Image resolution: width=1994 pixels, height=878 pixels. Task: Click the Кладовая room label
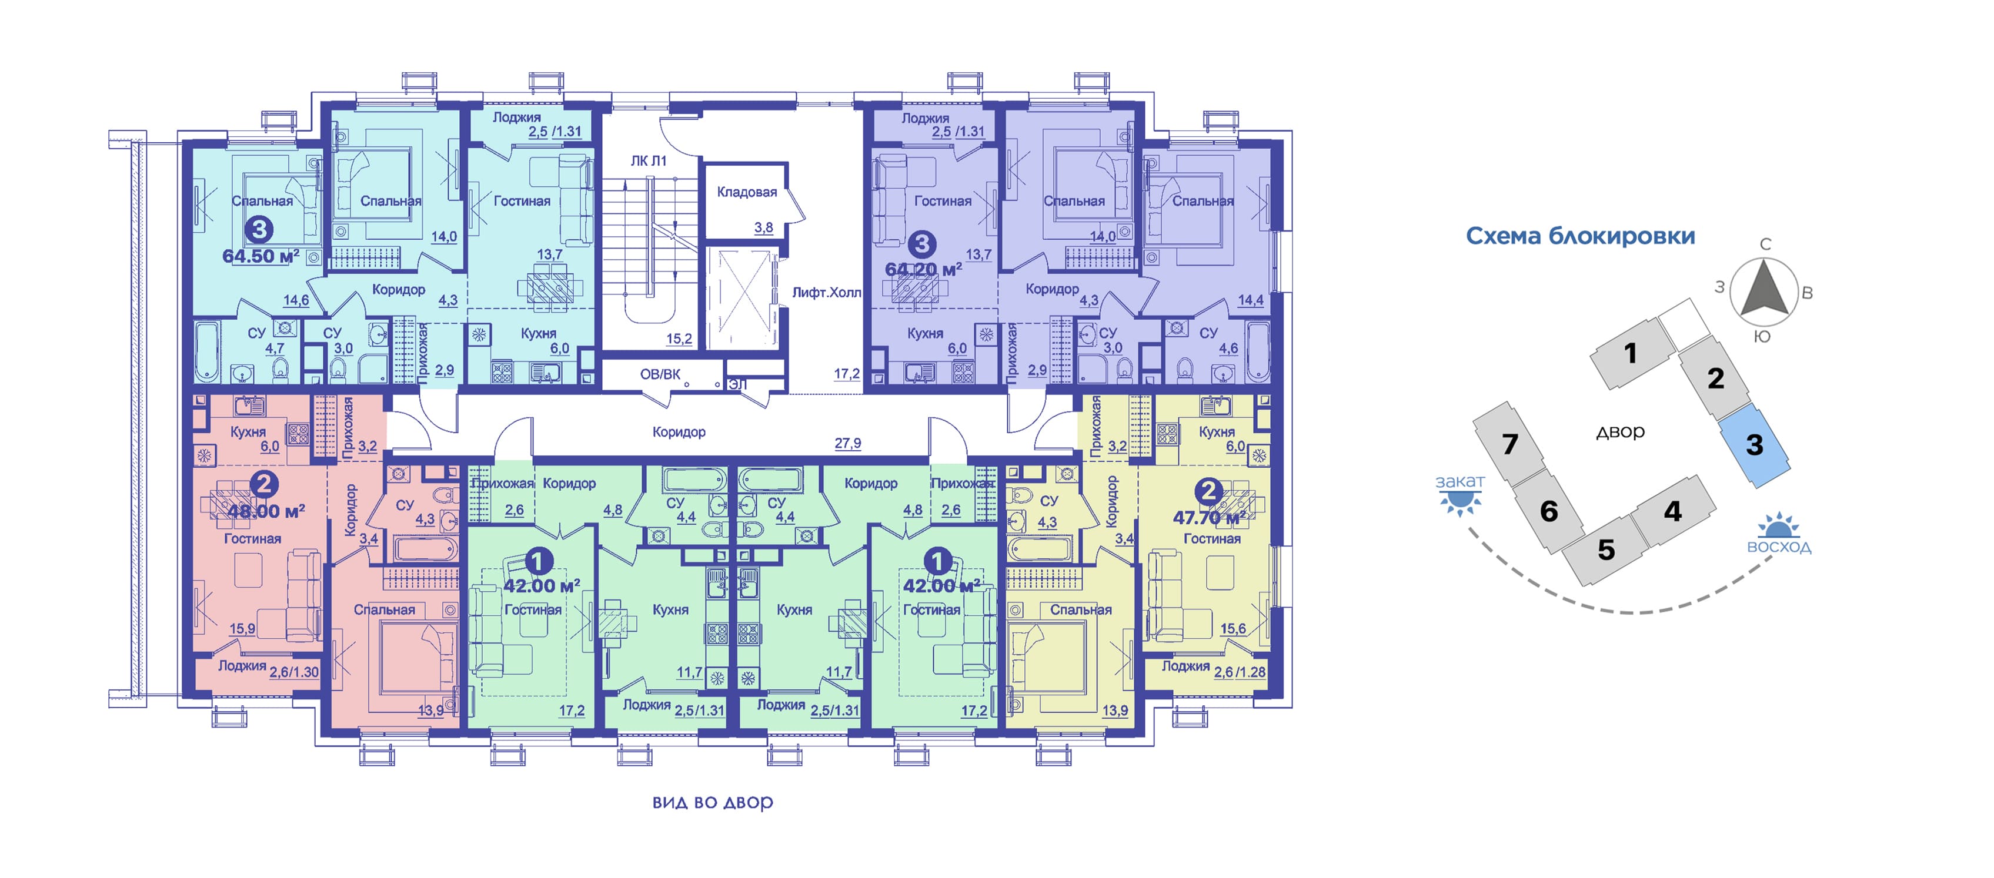click(x=746, y=192)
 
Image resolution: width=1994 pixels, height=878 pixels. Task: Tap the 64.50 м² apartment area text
click(x=260, y=256)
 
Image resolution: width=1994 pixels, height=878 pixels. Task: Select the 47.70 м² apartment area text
click(x=1208, y=518)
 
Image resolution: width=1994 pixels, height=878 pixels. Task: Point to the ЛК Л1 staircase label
click(x=648, y=161)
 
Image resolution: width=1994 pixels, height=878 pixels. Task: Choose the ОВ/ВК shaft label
click(x=660, y=374)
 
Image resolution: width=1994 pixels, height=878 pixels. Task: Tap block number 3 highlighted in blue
click(x=1754, y=445)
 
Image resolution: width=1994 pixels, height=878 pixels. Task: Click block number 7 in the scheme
click(x=1509, y=444)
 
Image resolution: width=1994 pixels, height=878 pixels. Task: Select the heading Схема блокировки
click(x=1580, y=236)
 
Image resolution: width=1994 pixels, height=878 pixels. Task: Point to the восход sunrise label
click(x=1779, y=547)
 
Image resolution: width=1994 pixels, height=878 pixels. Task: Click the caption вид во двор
click(x=712, y=802)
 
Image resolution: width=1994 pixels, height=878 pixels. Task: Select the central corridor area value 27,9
click(x=847, y=443)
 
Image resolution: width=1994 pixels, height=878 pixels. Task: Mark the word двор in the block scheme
click(x=1620, y=431)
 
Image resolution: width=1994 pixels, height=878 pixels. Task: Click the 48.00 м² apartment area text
click(x=266, y=511)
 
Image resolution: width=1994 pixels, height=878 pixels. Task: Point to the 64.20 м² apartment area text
click(x=923, y=269)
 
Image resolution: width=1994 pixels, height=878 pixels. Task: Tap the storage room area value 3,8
click(x=763, y=227)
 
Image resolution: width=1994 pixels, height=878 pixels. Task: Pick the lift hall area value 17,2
click(x=846, y=374)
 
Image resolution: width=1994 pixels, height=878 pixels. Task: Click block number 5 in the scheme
click(x=1606, y=549)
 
